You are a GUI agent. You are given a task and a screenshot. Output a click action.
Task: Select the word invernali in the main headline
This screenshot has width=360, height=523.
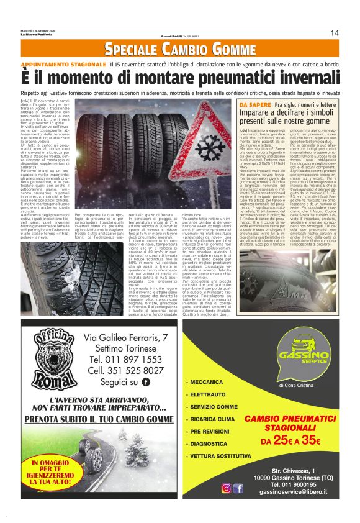click(299, 78)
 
